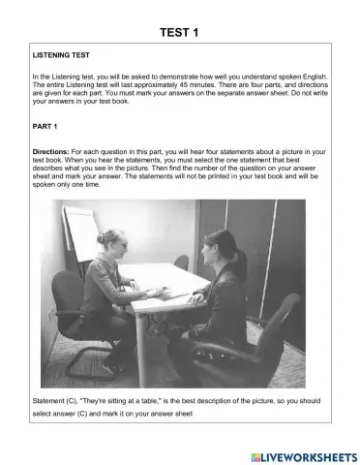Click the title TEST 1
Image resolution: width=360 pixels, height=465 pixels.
(x=179, y=33)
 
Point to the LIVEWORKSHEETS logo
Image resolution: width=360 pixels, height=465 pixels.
(x=303, y=455)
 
